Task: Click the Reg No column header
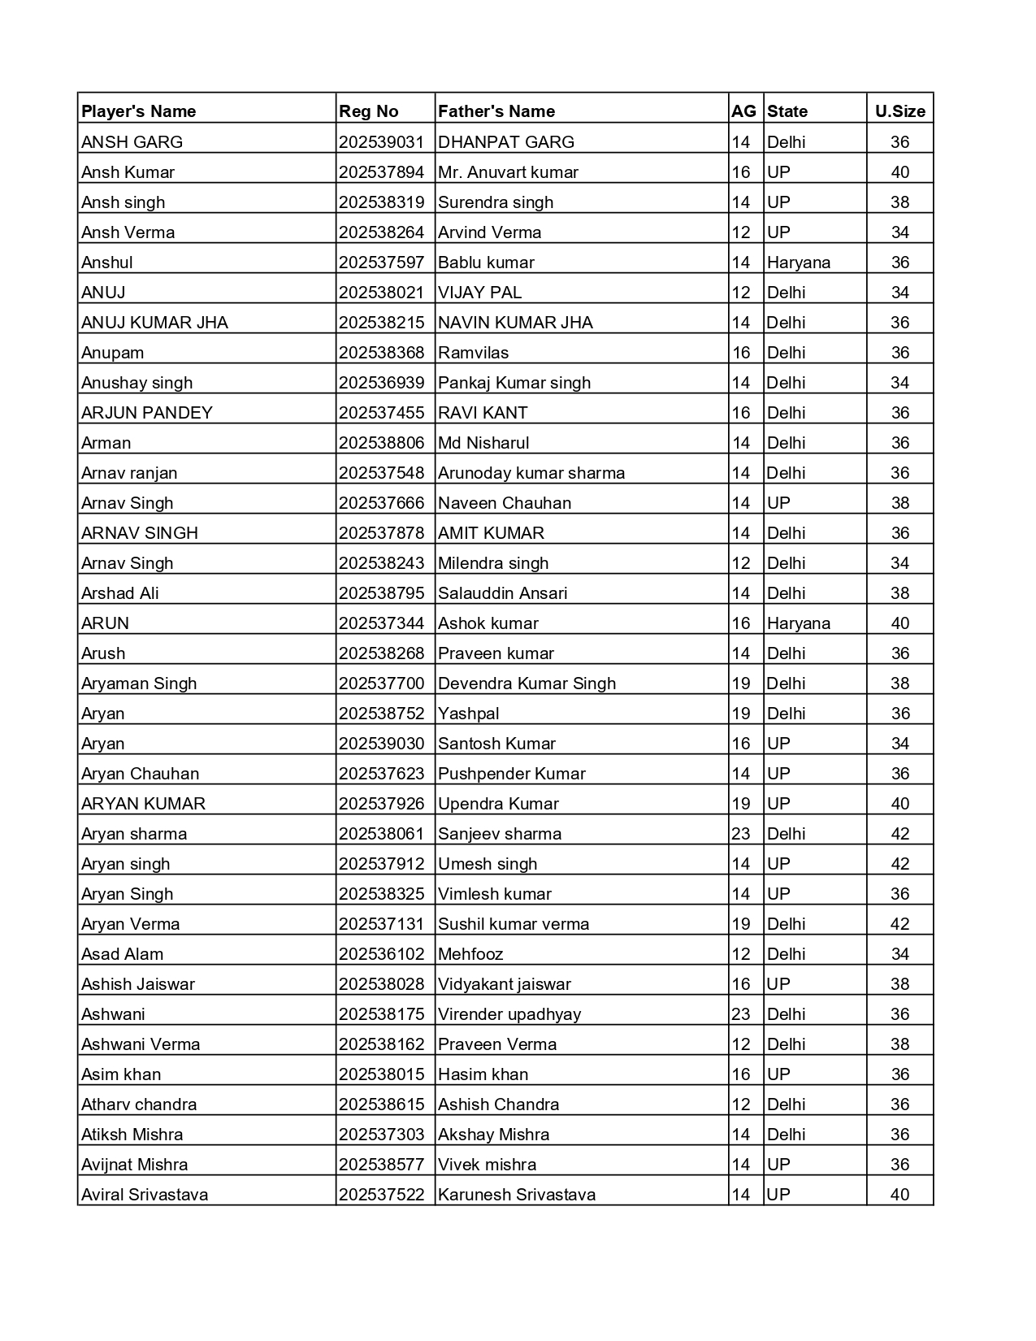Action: coord(369,111)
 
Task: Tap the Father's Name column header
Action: coord(496,111)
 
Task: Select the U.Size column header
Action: coord(899,111)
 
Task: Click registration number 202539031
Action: coord(382,141)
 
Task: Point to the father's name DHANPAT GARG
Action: coord(506,141)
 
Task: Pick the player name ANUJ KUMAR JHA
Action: coord(154,322)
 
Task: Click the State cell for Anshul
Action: coord(799,262)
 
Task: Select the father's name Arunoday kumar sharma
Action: coord(531,472)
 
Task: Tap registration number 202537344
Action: coord(382,623)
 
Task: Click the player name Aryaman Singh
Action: coord(139,683)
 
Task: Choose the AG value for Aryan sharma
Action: coord(741,833)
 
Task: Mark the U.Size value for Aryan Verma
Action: coord(899,923)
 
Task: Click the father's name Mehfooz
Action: coord(470,953)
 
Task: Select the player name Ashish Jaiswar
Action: coord(138,983)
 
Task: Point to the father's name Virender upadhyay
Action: coord(509,1013)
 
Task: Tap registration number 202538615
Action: coord(382,1104)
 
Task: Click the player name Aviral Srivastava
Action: coord(145,1194)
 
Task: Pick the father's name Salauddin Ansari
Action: coord(503,592)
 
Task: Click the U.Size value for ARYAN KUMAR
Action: coord(899,803)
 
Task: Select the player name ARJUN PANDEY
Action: coord(147,412)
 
